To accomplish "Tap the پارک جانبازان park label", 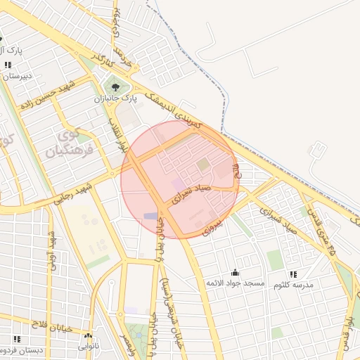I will tap(114, 100).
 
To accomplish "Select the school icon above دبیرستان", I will tap(8, 65).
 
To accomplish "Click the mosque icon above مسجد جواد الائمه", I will tap(234, 272).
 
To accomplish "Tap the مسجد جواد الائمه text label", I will tap(234, 283).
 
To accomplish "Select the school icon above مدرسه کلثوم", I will tap(292, 274).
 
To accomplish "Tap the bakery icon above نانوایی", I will tap(88, 336).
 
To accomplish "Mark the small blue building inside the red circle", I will tap(151, 216).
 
